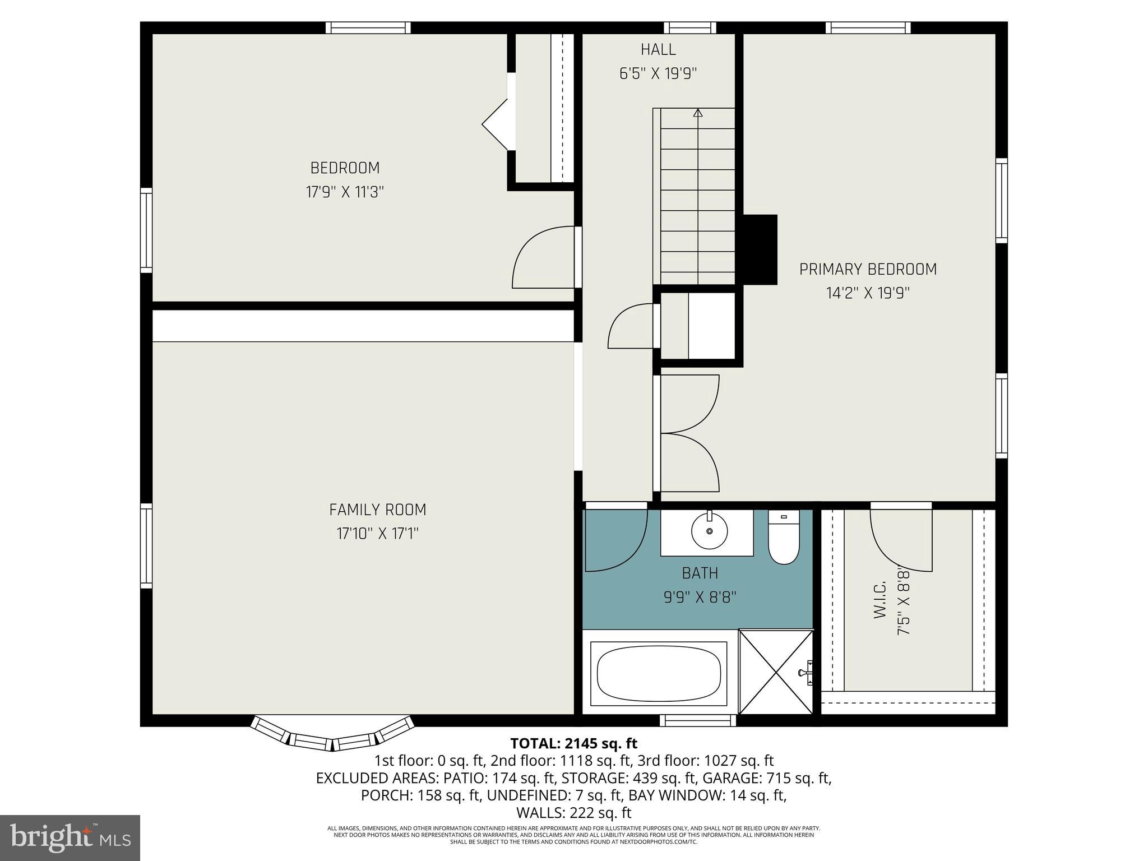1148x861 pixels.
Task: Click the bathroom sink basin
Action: (709, 530)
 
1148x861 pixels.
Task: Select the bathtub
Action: (658, 673)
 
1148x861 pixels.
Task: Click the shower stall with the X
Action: (776, 672)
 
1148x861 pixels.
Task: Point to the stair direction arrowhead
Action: (698, 113)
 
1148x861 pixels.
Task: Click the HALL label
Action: (658, 49)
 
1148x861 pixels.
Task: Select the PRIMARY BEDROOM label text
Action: (868, 270)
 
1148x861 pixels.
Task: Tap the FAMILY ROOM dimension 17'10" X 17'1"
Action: (377, 533)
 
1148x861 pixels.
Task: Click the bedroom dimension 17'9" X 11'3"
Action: (345, 192)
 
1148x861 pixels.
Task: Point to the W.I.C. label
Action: (879, 600)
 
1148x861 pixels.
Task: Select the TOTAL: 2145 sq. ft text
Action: (573, 743)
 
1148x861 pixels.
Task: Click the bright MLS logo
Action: (70, 837)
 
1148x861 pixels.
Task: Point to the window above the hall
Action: (689, 27)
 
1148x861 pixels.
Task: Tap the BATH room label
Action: (700, 573)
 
